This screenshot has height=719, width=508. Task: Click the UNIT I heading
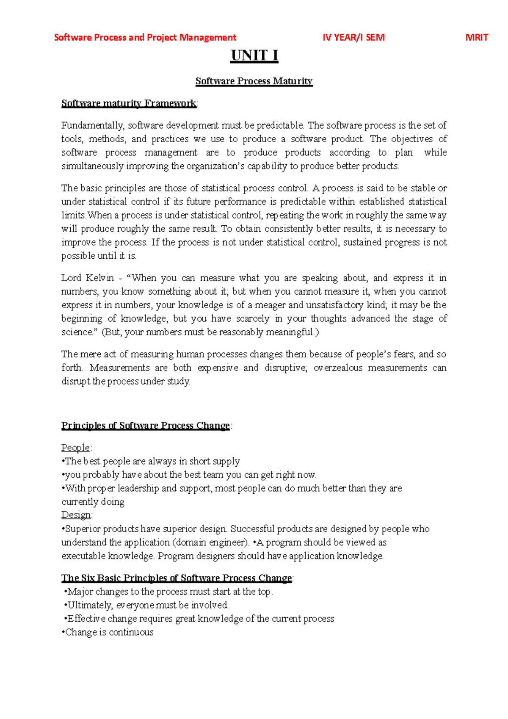click(254, 55)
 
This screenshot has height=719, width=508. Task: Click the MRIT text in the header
click(477, 37)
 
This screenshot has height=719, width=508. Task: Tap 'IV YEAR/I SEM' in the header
click(353, 37)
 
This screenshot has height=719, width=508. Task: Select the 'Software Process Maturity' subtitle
click(254, 81)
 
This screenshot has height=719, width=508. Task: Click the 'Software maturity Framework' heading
click(129, 103)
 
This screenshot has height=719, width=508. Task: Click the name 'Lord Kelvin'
click(88, 278)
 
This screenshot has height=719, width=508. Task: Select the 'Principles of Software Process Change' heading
click(146, 426)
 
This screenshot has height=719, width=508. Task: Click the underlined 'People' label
click(76, 448)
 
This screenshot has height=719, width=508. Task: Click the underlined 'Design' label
click(76, 515)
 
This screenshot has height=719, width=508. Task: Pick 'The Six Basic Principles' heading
click(177, 578)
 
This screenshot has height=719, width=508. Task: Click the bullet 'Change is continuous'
click(108, 632)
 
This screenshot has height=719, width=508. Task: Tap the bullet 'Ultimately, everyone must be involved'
click(146, 605)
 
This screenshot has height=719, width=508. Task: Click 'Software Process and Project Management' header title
click(145, 37)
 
